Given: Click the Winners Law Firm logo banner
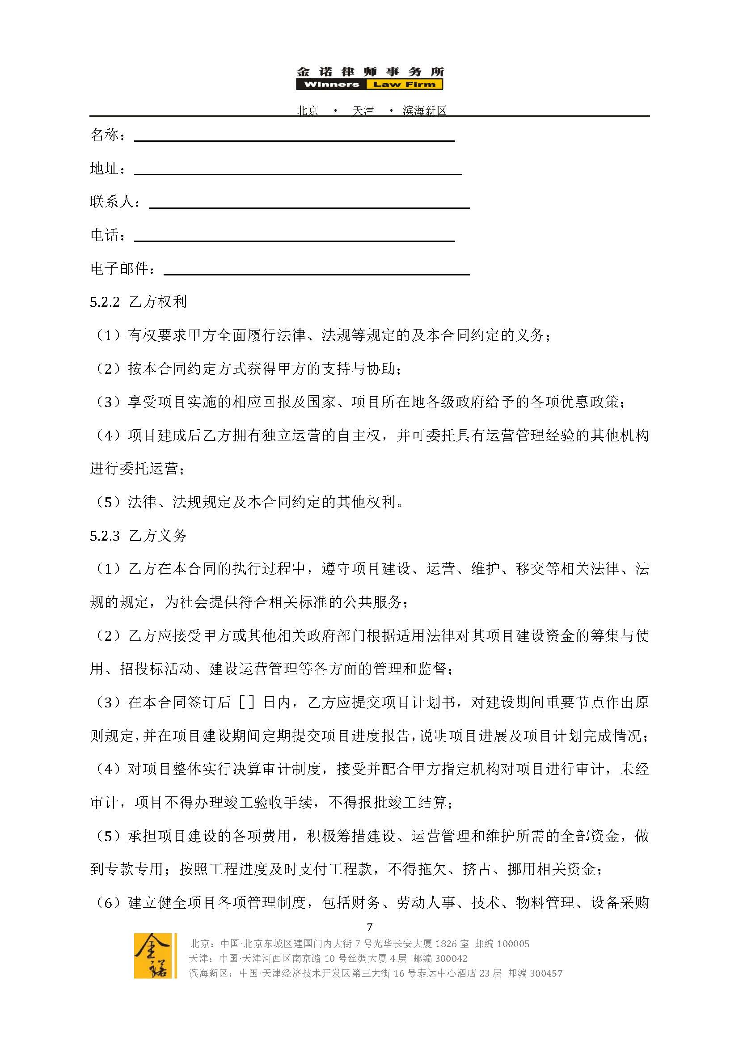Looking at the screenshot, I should pos(369,84).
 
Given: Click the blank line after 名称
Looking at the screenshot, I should pos(295,140).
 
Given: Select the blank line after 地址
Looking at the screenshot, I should pos(298,173).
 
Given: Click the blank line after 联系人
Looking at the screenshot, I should pos(309,207).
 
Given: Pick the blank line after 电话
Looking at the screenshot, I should pos(295,240).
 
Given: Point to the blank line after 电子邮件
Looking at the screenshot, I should pos(316,274).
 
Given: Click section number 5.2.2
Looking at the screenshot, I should pos(104,302).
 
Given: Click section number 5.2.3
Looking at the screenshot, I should pos(104,536).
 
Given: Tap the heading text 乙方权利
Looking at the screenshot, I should pos(158,302).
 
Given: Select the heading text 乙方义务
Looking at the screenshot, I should pos(158,536).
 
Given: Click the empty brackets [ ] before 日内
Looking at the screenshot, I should pos(247,703).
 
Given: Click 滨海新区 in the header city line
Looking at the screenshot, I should pos(425,110).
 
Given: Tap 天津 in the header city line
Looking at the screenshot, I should pos(363,110).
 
